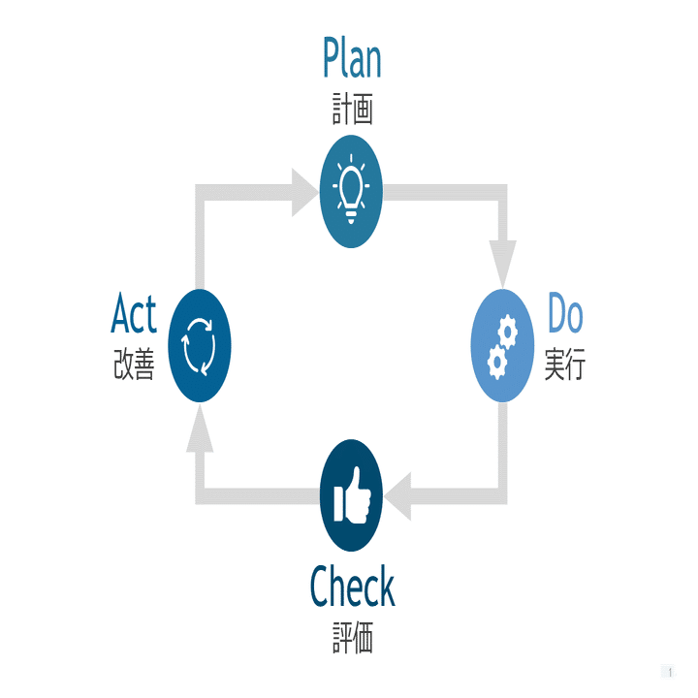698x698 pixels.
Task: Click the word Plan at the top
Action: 352,59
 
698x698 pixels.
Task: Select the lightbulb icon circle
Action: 351,191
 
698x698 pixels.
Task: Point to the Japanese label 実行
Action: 564,365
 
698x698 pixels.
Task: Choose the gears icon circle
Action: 502,345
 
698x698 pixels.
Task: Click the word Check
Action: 352,587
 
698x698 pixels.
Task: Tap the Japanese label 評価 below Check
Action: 352,639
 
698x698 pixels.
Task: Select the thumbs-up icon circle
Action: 351,495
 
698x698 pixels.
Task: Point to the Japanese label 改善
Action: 134,365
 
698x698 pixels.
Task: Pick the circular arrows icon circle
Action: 199,345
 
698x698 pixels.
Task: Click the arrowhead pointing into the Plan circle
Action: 303,191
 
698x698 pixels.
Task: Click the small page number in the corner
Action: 669,671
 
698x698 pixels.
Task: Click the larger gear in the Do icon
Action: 496,360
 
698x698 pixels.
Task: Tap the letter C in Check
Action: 321,587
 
